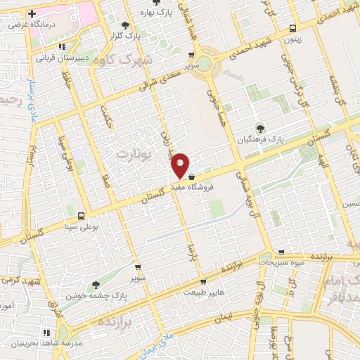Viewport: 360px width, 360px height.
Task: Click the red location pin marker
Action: coord(181,164)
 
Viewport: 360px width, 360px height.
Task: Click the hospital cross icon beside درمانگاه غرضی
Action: coord(32,13)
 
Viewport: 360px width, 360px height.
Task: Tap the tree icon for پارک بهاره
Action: coord(143,12)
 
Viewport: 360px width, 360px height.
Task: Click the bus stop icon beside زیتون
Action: coord(293,29)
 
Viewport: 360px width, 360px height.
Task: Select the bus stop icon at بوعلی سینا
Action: coord(82,216)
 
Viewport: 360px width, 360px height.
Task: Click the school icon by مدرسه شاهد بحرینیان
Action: coord(46,332)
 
